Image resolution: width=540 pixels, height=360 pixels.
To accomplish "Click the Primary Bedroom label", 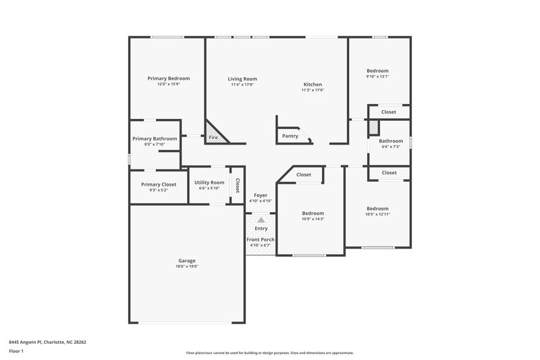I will click(168, 78).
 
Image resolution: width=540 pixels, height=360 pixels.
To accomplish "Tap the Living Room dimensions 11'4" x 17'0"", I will click(242, 85).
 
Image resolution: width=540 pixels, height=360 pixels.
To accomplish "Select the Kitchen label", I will click(313, 84).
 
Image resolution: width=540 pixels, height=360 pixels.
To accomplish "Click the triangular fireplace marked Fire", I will click(215, 134).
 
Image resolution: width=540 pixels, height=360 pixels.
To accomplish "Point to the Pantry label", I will click(290, 136).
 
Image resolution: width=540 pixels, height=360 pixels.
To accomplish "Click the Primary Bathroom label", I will click(155, 138).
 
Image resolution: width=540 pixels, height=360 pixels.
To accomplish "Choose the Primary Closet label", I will click(159, 184).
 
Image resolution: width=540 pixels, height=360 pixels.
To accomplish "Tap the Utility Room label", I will click(209, 182).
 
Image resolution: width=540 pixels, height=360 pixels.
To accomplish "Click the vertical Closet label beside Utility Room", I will click(237, 184).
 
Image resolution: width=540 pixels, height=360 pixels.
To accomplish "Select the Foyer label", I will click(261, 195).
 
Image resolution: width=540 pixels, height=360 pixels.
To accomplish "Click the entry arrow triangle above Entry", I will click(261, 220).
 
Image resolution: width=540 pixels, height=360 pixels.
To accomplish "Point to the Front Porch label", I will click(261, 240).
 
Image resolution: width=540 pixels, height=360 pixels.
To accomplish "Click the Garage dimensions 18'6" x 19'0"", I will click(187, 266).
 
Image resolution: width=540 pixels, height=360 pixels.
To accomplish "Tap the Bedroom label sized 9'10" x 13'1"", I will click(377, 71).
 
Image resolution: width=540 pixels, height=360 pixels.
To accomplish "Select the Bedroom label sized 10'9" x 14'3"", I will click(313, 213).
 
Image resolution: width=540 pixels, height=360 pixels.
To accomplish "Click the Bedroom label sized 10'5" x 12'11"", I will click(377, 209).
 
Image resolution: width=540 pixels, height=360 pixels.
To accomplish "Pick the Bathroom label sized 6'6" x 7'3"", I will click(391, 141).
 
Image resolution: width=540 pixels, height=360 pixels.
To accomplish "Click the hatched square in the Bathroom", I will click(373, 126).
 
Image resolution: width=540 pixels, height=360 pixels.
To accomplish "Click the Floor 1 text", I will click(17, 352).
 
